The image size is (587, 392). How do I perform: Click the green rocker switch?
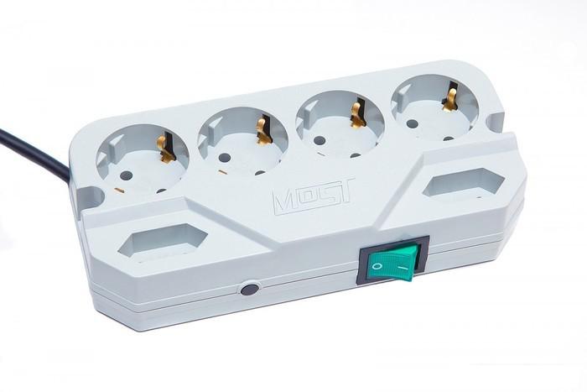392,262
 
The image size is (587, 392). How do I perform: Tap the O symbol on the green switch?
377,267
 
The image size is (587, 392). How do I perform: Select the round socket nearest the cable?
142,159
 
